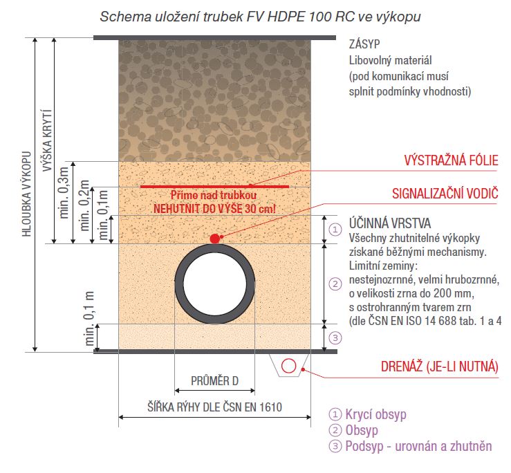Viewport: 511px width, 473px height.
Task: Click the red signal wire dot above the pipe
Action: [x=215, y=239]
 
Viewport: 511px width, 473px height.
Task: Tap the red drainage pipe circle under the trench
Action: [x=289, y=366]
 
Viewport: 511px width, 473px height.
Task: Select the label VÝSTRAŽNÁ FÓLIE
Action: [x=452, y=160]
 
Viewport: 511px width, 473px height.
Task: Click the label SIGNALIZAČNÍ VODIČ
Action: [x=445, y=194]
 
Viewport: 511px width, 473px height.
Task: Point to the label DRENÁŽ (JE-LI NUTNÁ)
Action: [x=440, y=367]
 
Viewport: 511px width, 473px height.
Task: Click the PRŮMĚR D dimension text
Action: [x=215, y=381]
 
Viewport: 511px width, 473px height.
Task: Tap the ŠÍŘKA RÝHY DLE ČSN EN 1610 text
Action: [x=215, y=407]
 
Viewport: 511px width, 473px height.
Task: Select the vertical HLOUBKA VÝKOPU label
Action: [x=26, y=194]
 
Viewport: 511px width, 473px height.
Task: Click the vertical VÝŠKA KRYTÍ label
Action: [x=47, y=140]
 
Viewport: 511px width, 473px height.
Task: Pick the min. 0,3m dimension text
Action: [x=64, y=192]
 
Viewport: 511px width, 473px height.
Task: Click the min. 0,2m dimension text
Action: [x=84, y=205]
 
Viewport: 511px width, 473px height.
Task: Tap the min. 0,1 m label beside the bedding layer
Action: [x=89, y=319]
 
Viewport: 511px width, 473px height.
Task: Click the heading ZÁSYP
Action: [x=364, y=44]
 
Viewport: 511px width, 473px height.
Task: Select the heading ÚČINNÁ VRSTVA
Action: [x=390, y=223]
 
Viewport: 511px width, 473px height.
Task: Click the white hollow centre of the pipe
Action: [x=215, y=284]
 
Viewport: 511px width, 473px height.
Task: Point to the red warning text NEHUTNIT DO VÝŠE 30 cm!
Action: [x=215, y=209]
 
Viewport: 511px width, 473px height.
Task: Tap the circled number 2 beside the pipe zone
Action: [x=335, y=284]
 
